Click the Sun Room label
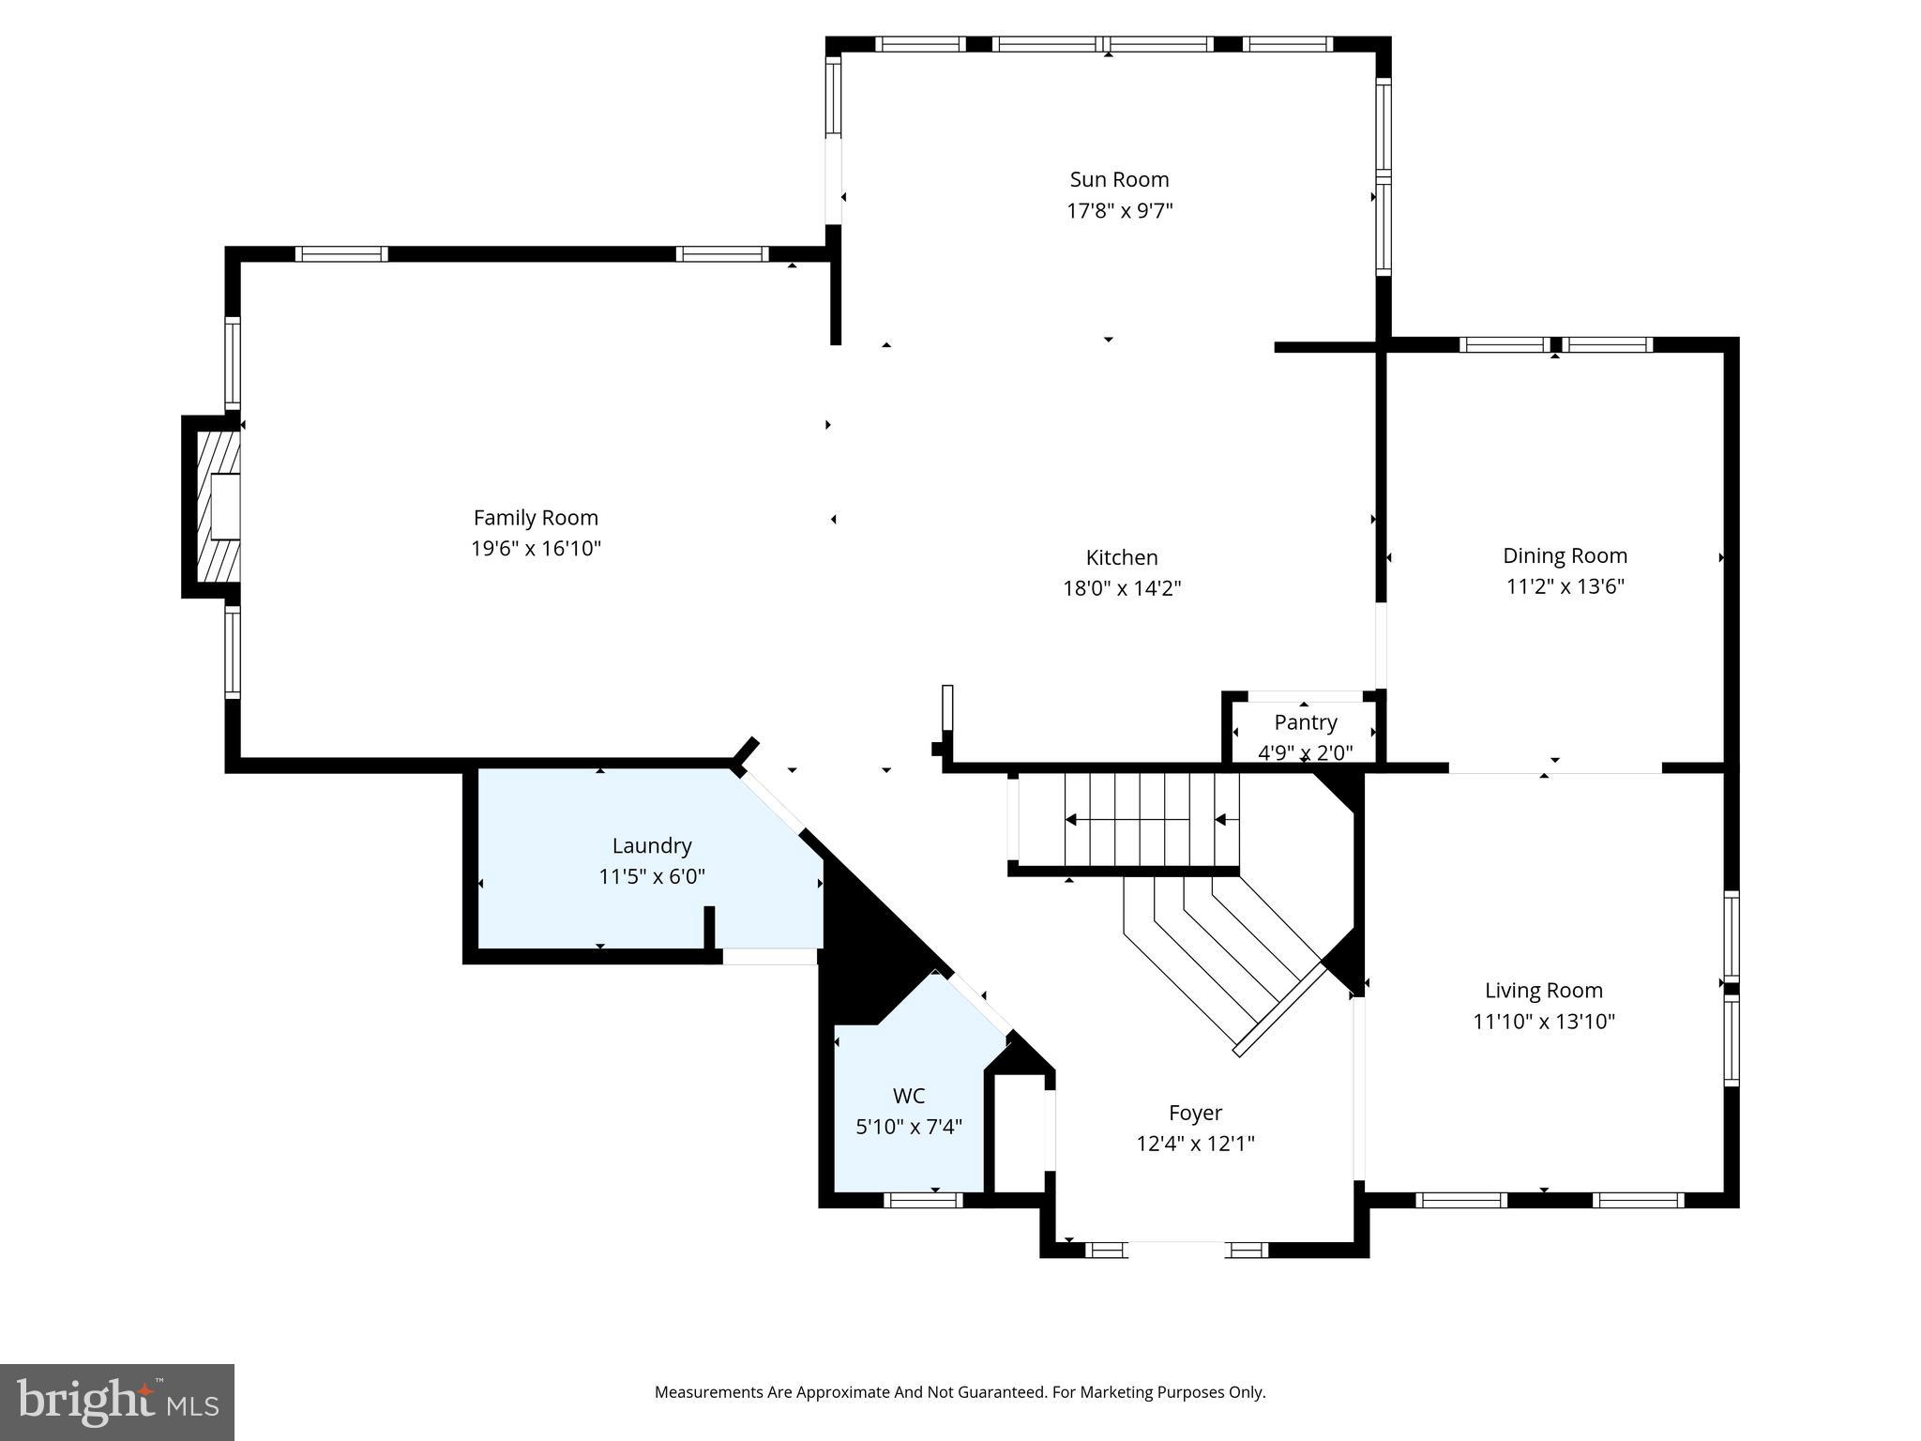[1119, 179]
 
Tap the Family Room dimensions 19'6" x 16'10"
[536, 549]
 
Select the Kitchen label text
[1121, 557]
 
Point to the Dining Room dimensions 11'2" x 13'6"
[1565, 586]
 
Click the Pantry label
[1305, 722]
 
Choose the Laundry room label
[652, 845]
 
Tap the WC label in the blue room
[908, 1096]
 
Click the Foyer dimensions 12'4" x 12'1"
[1195, 1144]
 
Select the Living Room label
[1543, 990]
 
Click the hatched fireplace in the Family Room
[218, 507]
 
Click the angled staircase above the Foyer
[1219, 957]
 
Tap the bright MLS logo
[117, 1402]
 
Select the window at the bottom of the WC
[923, 1200]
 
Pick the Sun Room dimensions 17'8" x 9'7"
[1119, 210]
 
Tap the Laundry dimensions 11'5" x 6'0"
[652, 877]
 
